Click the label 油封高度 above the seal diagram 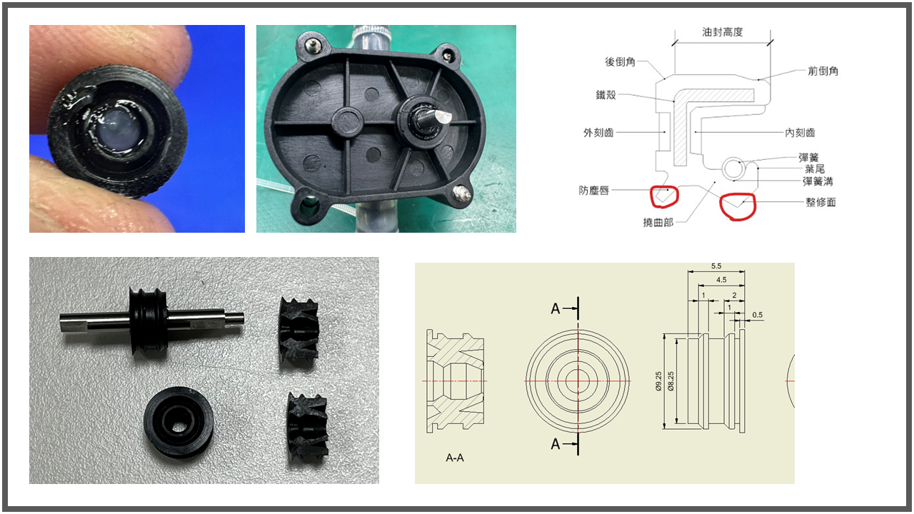(x=722, y=32)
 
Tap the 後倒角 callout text (x=620, y=61)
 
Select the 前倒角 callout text (x=823, y=71)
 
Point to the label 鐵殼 (x=606, y=95)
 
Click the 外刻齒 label (x=598, y=133)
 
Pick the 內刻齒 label (x=800, y=133)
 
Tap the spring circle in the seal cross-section (x=733, y=168)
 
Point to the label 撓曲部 (x=658, y=222)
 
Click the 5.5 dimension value (x=716, y=266)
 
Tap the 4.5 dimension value (x=721, y=280)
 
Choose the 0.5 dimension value (x=758, y=315)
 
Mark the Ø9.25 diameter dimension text (x=658, y=381)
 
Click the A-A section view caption (x=455, y=458)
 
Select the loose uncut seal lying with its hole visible (x=179, y=422)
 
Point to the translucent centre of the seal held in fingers (x=116, y=126)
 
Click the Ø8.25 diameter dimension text (x=671, y=381)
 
